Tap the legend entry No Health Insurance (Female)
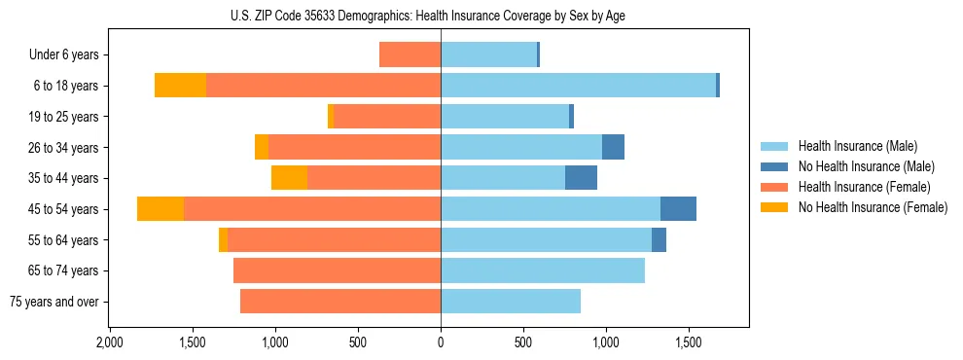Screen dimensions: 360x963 tap(873, 207)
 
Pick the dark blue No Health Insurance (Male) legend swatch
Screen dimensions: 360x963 tap(774, 166)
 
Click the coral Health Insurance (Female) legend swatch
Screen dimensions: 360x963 tap(774, 187)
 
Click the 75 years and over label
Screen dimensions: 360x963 tap(53, 302)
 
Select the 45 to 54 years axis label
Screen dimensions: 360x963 tap(64, 209)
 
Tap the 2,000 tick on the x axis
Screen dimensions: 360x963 tap(110, 342)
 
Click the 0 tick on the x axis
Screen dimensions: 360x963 tap(441, 342)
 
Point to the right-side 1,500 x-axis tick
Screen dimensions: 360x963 tap(689, 342)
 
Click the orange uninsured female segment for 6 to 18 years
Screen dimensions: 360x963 tap(180, 86)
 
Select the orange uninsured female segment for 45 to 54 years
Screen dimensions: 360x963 tap(160, 209)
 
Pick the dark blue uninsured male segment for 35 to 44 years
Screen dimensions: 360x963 tap(581, 178)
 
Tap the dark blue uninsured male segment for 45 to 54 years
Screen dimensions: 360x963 tap(678, 209)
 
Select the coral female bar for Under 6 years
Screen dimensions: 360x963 tap(410, 55)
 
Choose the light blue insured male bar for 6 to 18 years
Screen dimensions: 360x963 tap(579, 86)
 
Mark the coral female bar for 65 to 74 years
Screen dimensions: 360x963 tap(337, 270)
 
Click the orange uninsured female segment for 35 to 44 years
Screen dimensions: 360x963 tap(289, 178)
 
